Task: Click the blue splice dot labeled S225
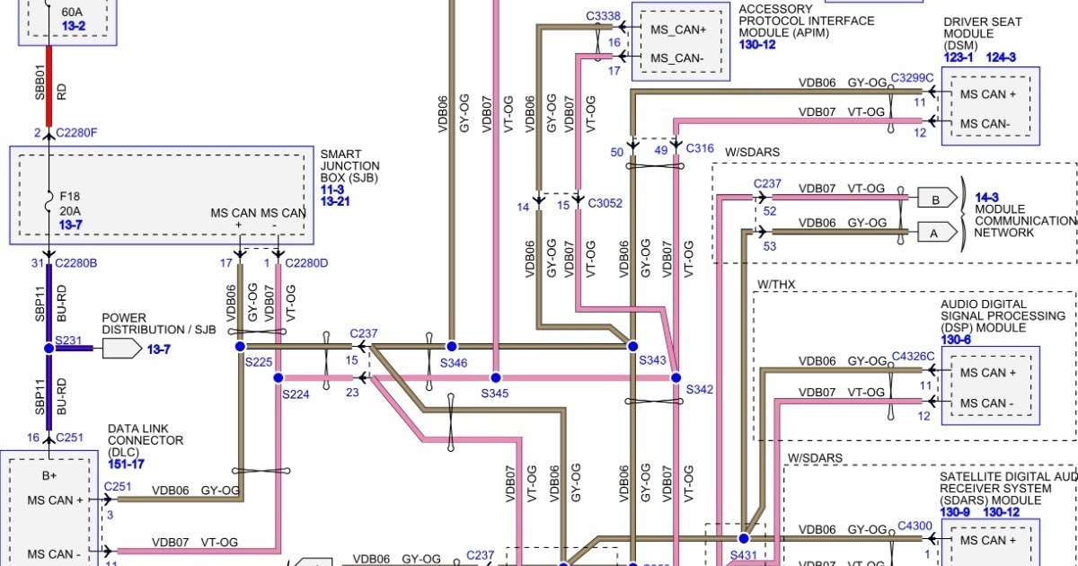coord(240,346)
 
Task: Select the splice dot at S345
coord(495,378)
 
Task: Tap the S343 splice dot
coord(632,346)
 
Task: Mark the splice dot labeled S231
coord(49,348)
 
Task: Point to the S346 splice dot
coord(452,346)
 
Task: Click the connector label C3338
coord(603,16)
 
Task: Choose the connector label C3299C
coord(913,78)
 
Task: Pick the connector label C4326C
coord(913,357)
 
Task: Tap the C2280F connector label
coord(76,133)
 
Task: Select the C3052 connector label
coord(605,204)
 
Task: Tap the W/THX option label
coord(776,285)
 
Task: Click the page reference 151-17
coord(127,464)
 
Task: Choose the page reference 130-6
coord(956,340)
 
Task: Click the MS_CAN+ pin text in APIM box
coord(678,30)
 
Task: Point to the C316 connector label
coord(700,148)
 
